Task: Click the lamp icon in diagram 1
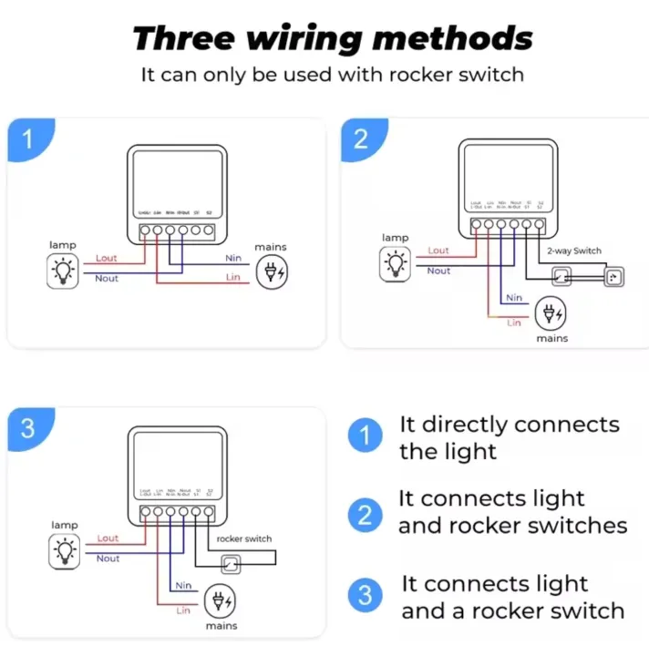coord(63,270)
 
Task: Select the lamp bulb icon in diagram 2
coord(396,262)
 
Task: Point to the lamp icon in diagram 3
coord(64,550)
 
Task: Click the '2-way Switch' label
coord(573,251)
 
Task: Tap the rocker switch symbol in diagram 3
coord(234,563)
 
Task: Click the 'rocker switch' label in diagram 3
coord(244,538)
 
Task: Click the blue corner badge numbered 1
coord(27,139)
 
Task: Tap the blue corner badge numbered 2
coord(361,138)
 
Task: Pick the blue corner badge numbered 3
coord(27,428)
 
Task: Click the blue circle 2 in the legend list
coord(365,516)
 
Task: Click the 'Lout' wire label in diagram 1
coord(107,259)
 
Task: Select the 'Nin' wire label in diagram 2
coord(514,298)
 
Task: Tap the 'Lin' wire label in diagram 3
coord(183,610)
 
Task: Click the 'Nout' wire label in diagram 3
coord(108,559)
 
